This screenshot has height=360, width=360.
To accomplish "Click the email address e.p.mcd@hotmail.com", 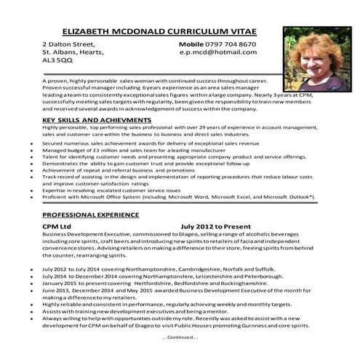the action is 217,52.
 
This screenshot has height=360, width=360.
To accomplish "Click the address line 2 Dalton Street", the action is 68,44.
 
